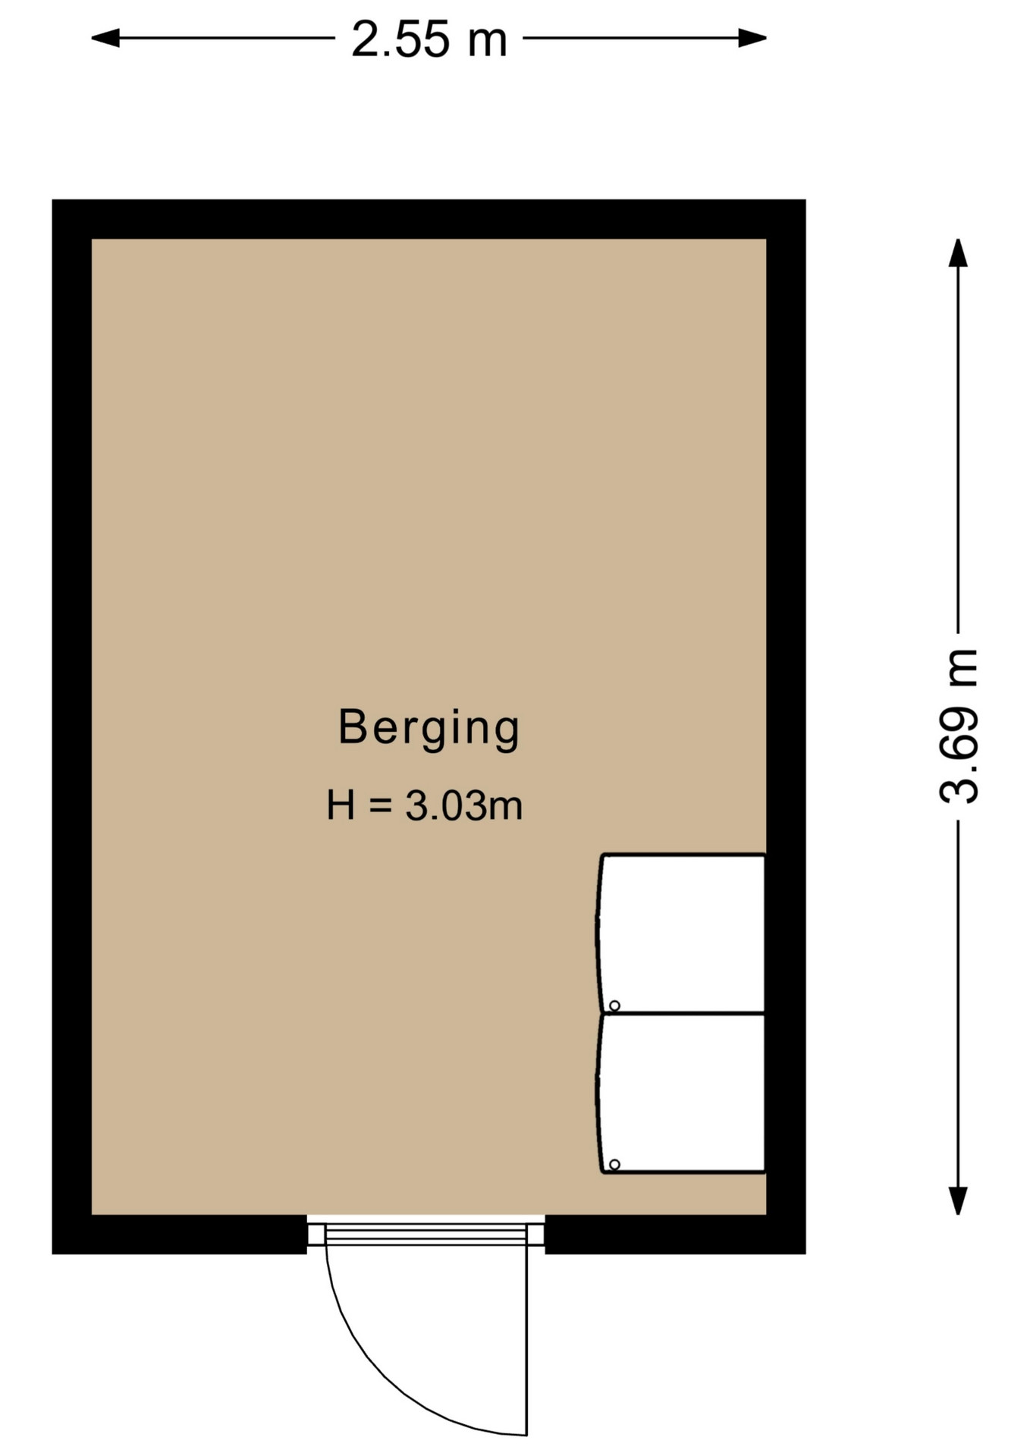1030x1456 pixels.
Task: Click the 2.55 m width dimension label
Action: click(x=429, y=39)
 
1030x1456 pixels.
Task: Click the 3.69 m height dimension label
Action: click(x=959, y=726)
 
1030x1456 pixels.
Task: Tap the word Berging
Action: click(x=429, y=728)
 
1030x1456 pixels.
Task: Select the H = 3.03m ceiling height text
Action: click(x=425, y=805)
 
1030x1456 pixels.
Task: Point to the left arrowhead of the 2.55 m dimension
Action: click(x=105, y=38)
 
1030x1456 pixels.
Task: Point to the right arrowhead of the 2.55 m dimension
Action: click(x=752, y=38)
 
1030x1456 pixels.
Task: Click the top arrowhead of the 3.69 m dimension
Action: click(x=958, y=253)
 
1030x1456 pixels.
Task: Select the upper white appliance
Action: click(x=680, y=933)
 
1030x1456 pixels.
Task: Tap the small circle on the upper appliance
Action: click(x=614, y=1006)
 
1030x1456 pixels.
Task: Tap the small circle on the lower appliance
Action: click(x=614, y=1164)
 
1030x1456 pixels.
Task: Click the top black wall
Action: click(x=429, y=219)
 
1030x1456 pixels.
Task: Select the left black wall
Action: click(x=72, y=726)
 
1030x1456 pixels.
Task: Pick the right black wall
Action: click(x=786, y=726)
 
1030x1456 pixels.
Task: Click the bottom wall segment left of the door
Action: click(x=180, y=1235)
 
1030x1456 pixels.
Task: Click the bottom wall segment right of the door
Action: click(x=675, y=1235)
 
